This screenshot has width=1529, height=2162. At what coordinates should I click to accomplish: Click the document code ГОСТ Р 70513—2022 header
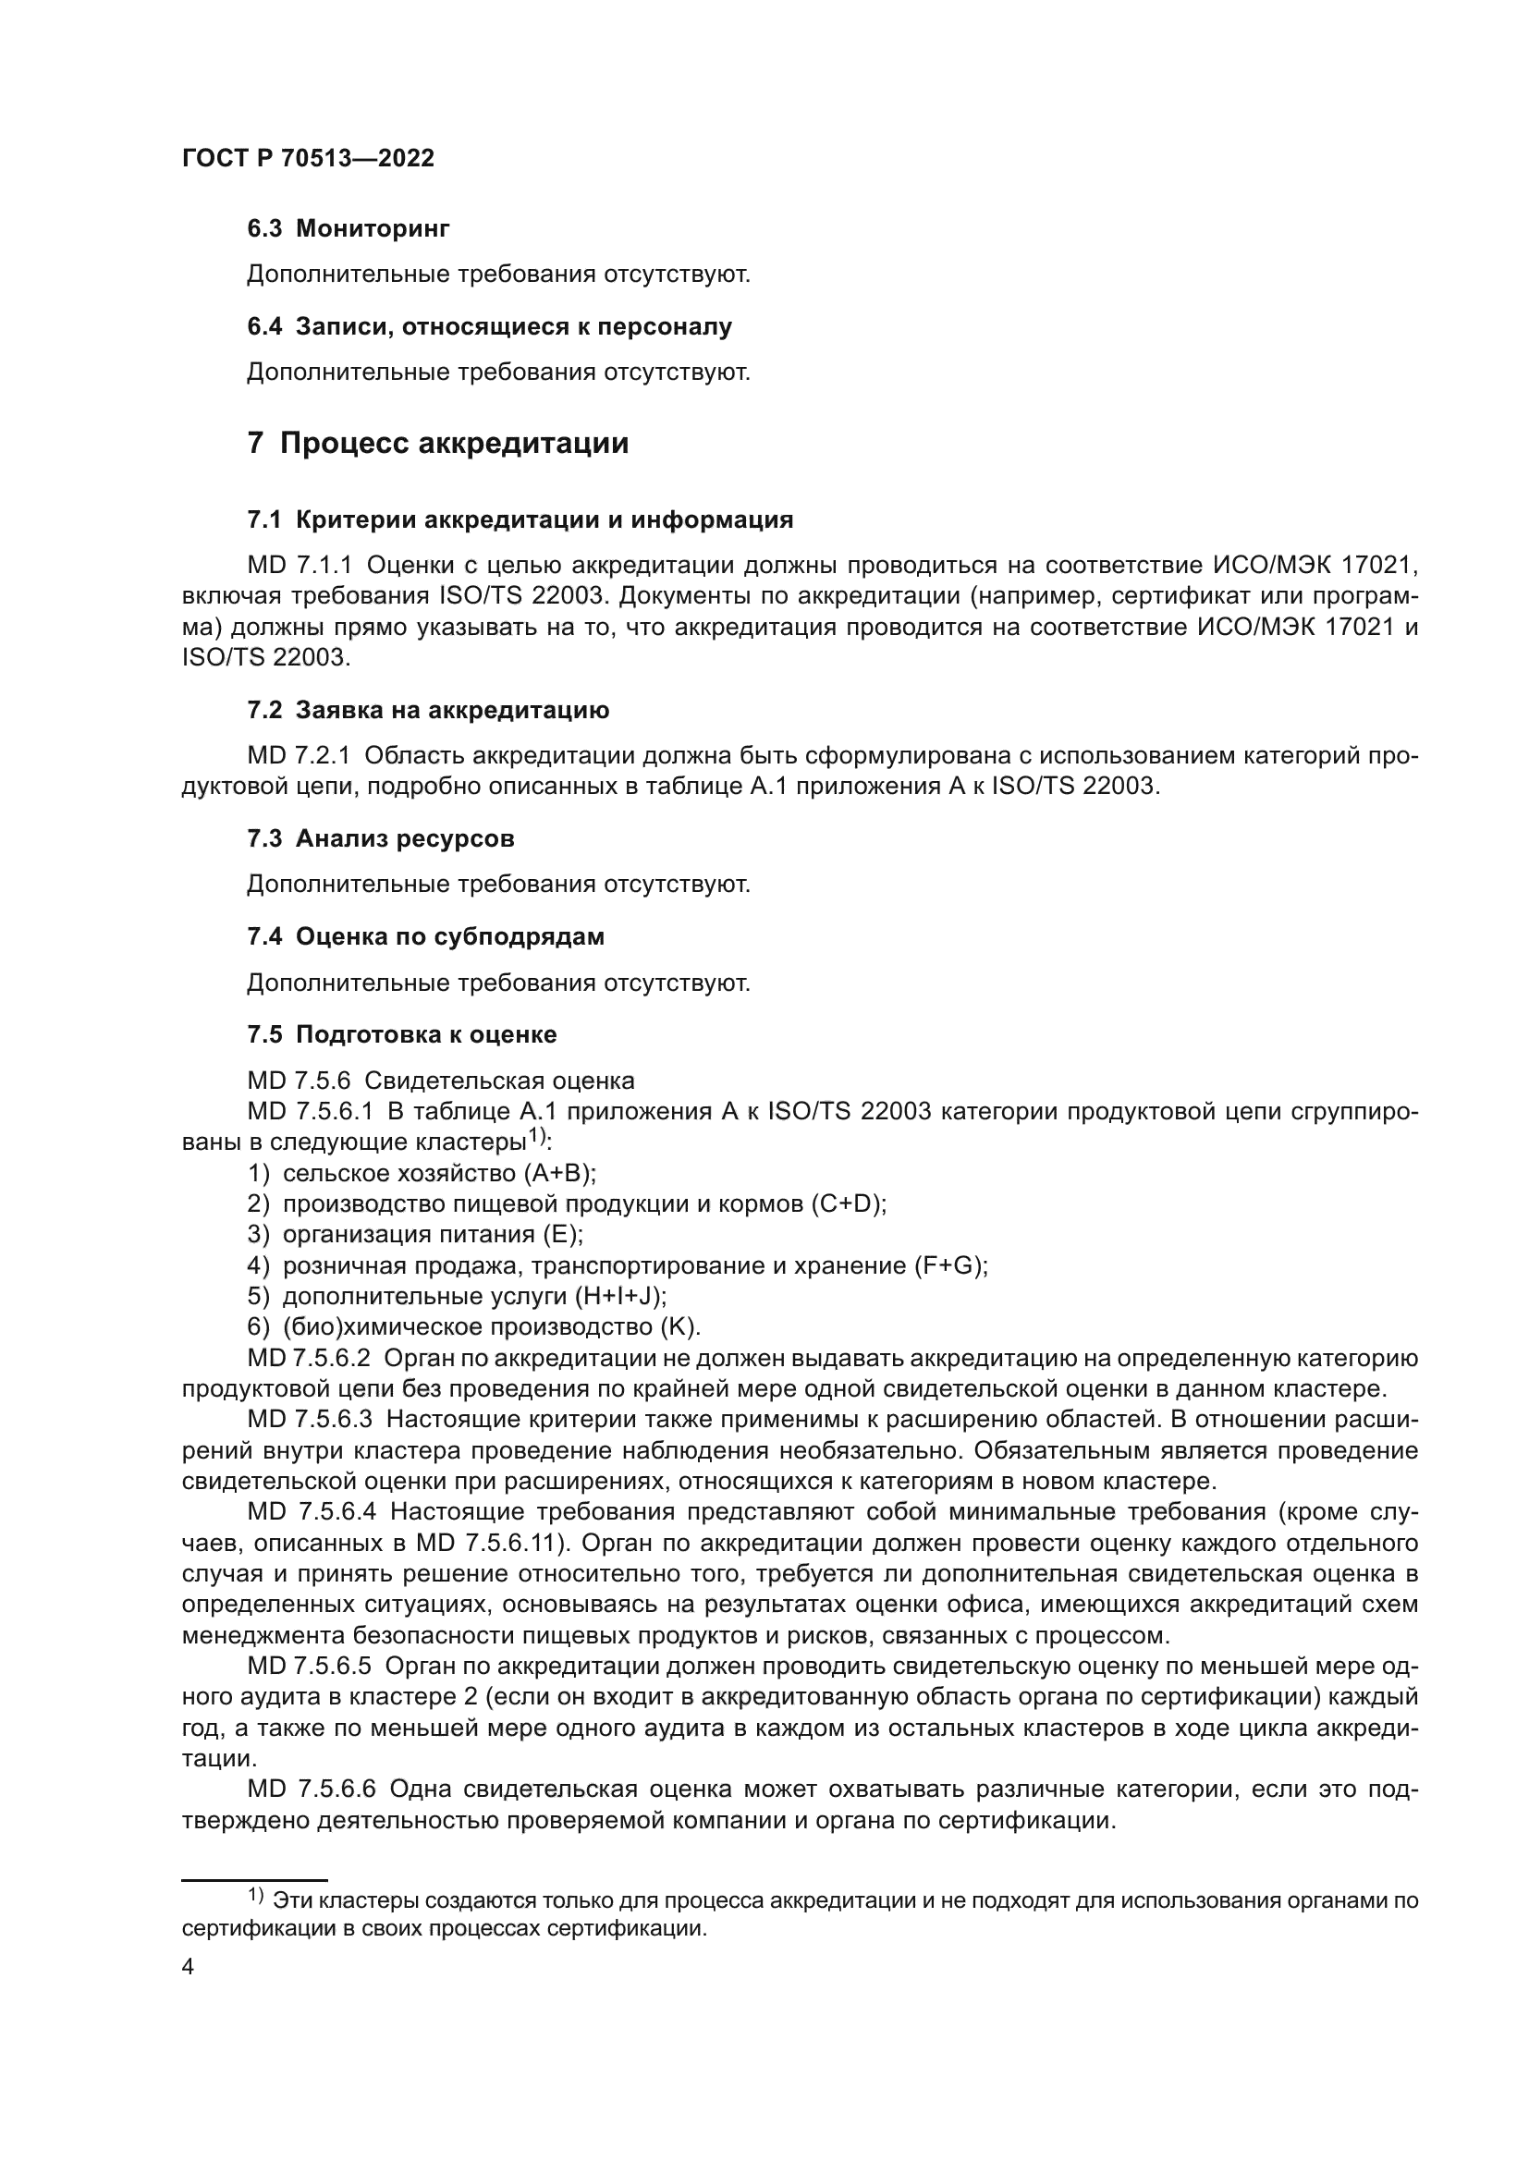tap(308, 158)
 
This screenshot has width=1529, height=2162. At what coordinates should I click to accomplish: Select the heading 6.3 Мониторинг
tap(349, 228)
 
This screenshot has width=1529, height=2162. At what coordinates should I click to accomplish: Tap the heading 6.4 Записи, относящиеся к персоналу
tap(490, 326)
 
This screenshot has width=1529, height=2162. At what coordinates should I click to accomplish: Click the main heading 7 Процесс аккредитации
tap(438, 443)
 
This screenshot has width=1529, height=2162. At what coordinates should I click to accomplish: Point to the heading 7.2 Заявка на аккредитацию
tap(428, 710)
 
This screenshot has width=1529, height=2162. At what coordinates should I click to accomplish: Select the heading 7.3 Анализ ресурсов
tap(380, 838)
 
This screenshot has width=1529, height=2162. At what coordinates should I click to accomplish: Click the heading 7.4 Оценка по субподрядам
tap(425, 936)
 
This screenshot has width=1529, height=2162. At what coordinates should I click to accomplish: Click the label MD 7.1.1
tap(300, 565)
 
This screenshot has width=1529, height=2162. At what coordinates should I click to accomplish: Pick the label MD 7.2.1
tap(299, 755)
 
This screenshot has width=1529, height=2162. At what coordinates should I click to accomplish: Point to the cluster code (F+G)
tap(950, 1265)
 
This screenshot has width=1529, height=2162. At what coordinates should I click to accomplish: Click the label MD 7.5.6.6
tap(312, 1789)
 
